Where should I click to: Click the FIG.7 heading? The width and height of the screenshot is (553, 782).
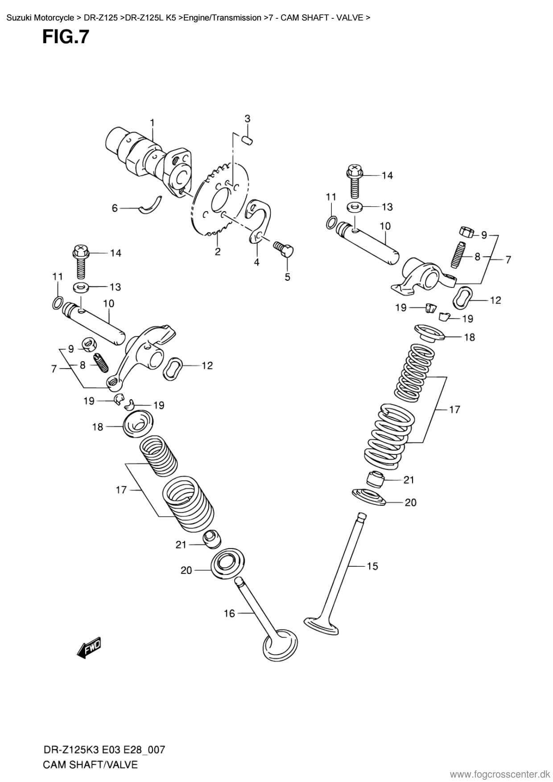(66, 37)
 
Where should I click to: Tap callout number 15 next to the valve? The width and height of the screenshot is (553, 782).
(372, 566)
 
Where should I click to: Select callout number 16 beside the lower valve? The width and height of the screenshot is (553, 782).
(229, 614)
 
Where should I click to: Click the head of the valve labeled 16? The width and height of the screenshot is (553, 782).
(281, 645)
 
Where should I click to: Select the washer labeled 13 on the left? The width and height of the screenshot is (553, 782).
(81, 287)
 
